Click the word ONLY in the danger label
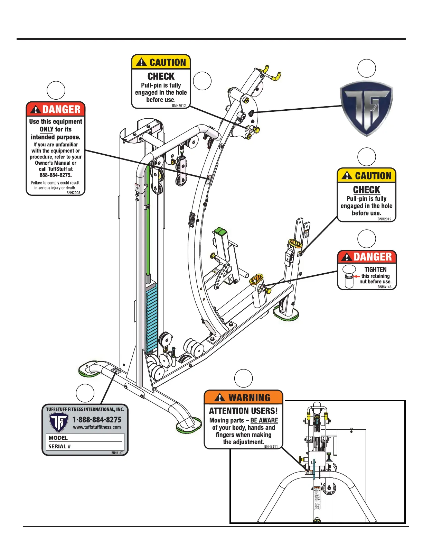(46, 129)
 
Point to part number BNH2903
(73, 193)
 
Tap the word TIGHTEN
(375, 270)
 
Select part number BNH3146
(384, 287)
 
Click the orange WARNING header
(244, 398)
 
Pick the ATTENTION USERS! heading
(243, 411)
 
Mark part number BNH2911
(271, 446)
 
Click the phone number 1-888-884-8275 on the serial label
(97, 420)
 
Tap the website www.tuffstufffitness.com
(97, 427)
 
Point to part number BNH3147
(117, 453)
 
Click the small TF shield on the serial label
(58, 422)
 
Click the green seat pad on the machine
(220, 231)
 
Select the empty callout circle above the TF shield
(366, 68)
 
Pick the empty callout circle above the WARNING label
(243, 378)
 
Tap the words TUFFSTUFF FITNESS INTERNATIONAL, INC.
(85, 409)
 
